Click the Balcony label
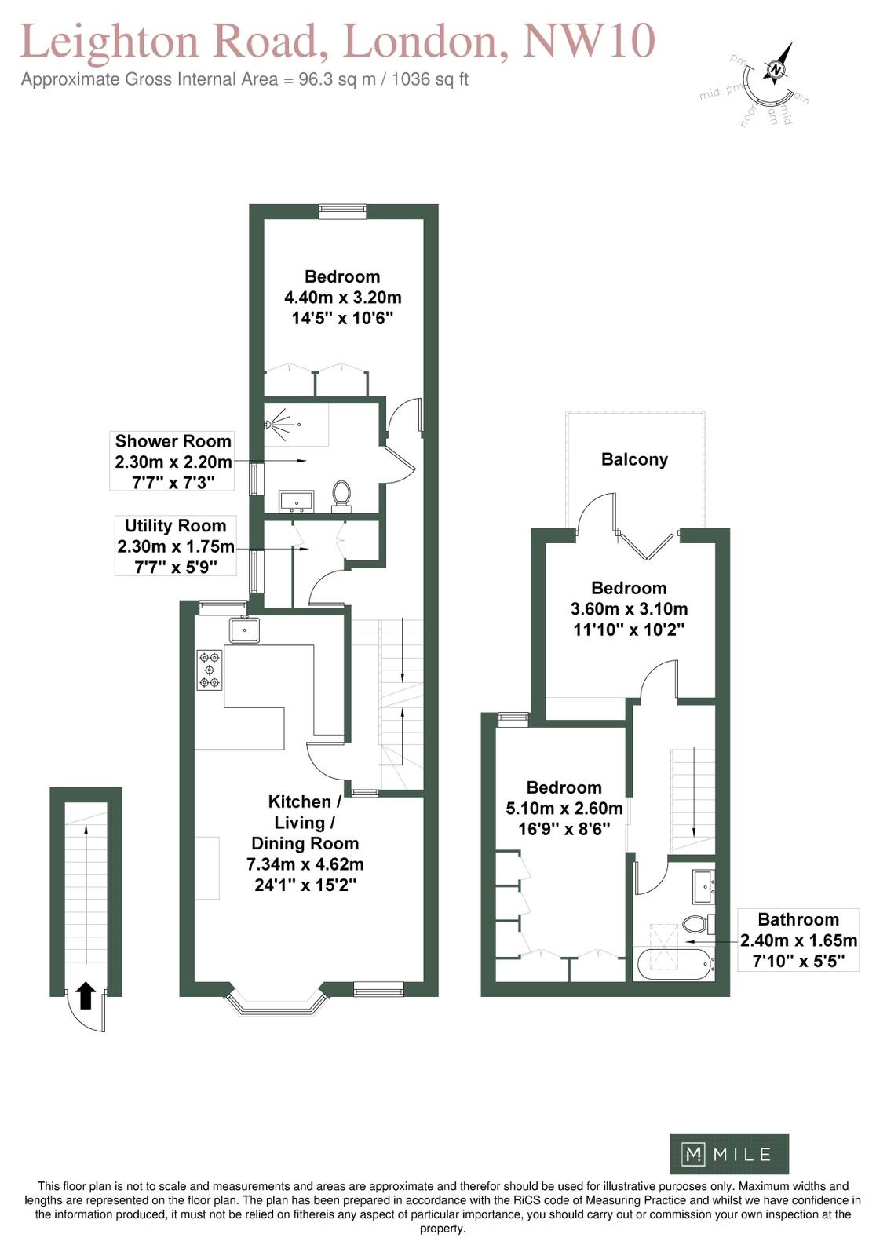(x=634, y=460)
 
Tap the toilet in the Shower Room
(x=341, y=496)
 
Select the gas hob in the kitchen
(x=209, y=670)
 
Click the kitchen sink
(x=244, y=630)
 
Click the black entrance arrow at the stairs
(x=86, y=995)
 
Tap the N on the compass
(x=776, y=70)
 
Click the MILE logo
(x=729, y=1154)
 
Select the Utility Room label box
(x=175, y=546)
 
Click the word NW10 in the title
(x=589, y=40)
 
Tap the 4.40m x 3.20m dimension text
(x=342, y=298)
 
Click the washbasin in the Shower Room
(x=297, y=501)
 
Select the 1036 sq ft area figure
(x=429, y=79)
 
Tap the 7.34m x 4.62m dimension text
(x=305, y=864)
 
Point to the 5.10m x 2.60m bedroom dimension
(x=564, y=808)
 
